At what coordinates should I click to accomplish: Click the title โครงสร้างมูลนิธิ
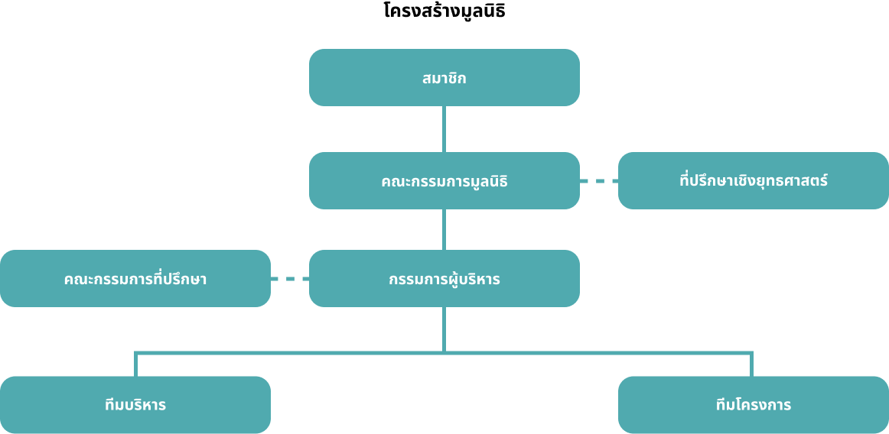coord(444,11)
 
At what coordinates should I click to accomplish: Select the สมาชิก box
coord(444,78)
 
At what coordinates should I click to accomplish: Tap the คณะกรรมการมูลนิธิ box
coord(444,181)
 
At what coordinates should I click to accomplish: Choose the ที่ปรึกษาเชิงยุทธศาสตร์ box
coord(754,181)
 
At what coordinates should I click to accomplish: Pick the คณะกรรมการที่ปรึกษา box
coord(135,279)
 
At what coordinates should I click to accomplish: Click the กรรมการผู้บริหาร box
coord(444,279)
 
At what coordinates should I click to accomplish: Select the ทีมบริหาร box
coord(135,405)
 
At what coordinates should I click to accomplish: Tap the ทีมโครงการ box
coord(754,405)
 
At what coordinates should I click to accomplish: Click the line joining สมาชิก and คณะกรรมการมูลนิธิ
coord(444,129)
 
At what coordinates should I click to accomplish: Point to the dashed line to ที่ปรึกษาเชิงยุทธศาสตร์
coord(599,181)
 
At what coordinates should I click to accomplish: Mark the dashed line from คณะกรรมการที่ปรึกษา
coord(290,279)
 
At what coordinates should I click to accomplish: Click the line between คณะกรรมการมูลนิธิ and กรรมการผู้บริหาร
coord(444,229)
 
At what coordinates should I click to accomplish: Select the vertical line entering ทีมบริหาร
coord(135,364)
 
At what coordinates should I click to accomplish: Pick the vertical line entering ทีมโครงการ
coord(752,364)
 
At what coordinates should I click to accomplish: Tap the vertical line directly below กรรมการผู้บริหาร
coord(444,330)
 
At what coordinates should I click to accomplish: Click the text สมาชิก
coord(444,78)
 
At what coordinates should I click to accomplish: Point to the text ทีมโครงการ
coord(754,406)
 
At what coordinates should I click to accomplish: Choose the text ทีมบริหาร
coord(135,406)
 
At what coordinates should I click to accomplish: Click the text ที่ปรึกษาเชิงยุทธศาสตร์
coord(754,181)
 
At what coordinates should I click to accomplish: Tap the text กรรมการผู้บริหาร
coord(444,279)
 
